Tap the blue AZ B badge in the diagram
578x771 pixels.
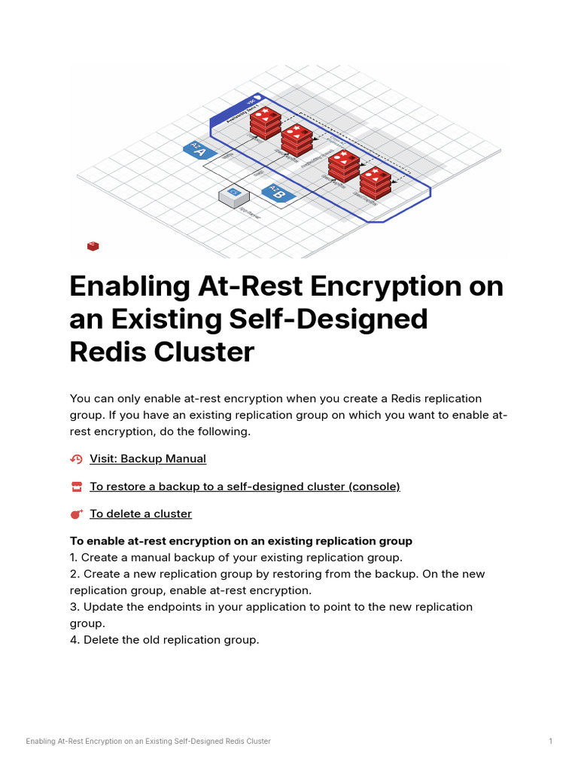coord(278,193)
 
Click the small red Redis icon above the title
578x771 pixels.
coord(93,245)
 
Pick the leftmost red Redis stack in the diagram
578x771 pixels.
coord(264,122)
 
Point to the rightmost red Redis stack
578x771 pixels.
coord(375,183)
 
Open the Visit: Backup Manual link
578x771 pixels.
coord(148,459)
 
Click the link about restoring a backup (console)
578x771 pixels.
coord(245,486)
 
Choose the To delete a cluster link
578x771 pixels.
coord(141,513)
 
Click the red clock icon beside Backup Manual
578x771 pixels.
coord(76,459)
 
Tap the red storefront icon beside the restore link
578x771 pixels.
coord(76,487)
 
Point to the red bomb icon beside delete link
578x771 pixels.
coord(76,514)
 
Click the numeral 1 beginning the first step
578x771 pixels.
coord(73,558)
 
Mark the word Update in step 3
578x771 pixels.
coord(102,607)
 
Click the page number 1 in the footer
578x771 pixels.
coord(551,742)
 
